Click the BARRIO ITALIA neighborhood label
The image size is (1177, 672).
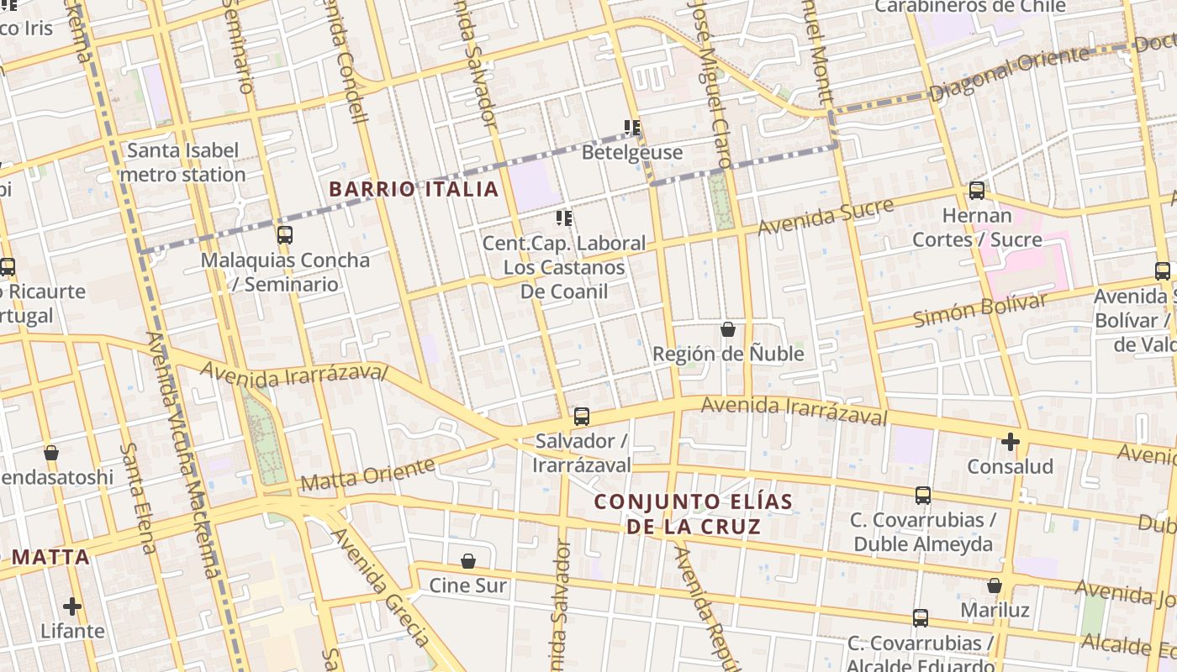[414, 189]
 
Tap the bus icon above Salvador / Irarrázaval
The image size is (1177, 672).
[581, 416]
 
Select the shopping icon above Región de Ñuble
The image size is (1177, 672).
[728, 329]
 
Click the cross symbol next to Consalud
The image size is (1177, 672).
[1011, 441]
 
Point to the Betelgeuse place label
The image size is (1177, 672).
[632, 153]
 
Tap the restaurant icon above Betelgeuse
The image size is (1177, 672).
[632, 128]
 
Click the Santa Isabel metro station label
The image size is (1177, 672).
[182, 162]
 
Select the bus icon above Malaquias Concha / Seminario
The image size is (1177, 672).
[285, 234]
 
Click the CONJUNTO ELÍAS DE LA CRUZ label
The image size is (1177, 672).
[694, 514]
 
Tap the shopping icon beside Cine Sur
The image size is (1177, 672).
[468, 560]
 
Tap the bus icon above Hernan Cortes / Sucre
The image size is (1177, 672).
[976, 191]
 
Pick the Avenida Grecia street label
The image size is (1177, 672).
[383, 588]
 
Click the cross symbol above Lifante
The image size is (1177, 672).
[72, 606]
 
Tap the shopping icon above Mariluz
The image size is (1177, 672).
[995, 585]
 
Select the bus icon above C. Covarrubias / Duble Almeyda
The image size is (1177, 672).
[923, 496]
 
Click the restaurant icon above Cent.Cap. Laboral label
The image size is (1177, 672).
[564, 218]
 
